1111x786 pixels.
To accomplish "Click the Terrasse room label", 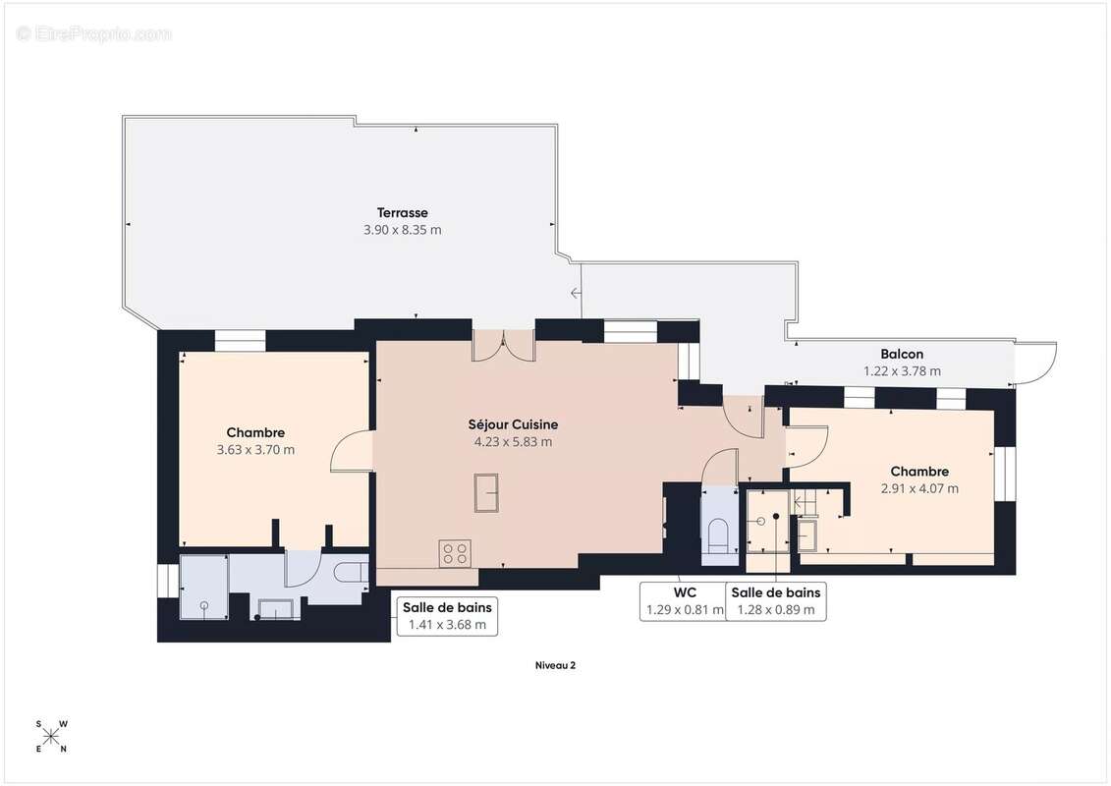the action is coord(402,212).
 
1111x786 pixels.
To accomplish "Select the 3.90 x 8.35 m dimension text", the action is coord(402,230).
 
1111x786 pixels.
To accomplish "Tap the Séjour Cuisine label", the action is coord(513,424).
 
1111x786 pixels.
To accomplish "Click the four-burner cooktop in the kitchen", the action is coord(455,553).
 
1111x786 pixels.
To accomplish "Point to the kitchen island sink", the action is coord(486,492).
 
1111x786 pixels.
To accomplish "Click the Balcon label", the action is coord(902,354).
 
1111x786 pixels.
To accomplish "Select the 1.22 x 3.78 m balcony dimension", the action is coord(902,370).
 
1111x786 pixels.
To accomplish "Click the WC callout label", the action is coord(685,592).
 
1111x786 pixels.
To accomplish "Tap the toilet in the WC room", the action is coord(718,534).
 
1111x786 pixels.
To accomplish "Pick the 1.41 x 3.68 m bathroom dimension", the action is coord(447,625).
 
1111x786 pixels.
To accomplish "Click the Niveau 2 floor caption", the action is coord(555,665).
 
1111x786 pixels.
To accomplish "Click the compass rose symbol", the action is coord(52,737).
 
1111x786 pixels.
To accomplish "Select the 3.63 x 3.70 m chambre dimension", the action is coord(255,449).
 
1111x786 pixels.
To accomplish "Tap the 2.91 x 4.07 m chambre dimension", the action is coord(919,488).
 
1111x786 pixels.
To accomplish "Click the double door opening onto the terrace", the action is coord(504,346).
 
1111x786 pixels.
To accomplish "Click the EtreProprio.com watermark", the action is coord(93,33).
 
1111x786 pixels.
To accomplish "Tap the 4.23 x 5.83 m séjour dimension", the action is coord(513,441).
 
